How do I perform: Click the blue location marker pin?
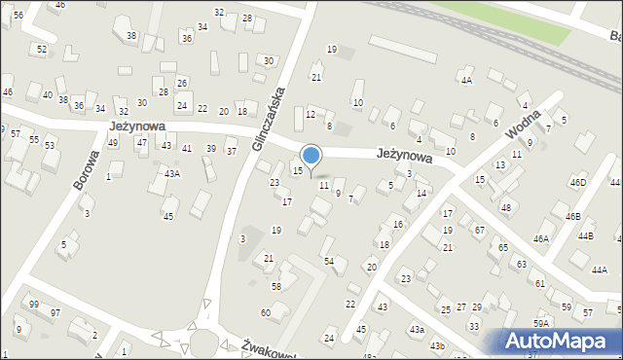click(x=311, y=156)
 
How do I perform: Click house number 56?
click(x=18, y=16)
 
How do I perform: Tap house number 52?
click(x=42, y=49)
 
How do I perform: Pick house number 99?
click(x=34, y=305)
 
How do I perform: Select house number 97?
click(x=55, y=312)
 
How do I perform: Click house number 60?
click(x=265, y=312)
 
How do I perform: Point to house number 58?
click(x=276, y=286)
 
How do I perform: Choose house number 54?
click(x=329, y=261)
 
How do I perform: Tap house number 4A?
click(x=467, y=81)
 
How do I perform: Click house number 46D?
click(x=578, y=182)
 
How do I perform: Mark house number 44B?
click(x=585, y=236)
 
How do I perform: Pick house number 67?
click(x=479, y=230)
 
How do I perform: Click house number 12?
click(x=311, y=115)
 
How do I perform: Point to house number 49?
click(x=113, y=143)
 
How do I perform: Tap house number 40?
click(x=48, y=95)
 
